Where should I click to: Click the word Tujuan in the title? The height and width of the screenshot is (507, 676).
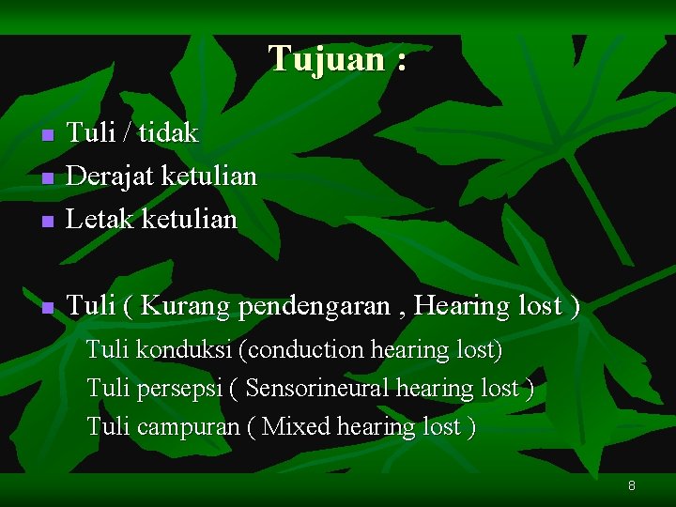[326, 59]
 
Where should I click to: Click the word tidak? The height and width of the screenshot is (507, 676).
[168, 133]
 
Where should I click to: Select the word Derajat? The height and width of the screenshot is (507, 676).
[112, 177]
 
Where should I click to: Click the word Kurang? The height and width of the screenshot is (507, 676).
[187, 306]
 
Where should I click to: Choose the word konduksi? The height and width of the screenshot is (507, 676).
[183, 350]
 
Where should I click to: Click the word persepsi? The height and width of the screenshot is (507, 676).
[178, 389]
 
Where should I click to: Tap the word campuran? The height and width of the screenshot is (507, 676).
[188, 427]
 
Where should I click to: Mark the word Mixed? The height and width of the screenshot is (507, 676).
[297, 427]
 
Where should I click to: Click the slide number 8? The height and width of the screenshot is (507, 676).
[632, 486]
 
